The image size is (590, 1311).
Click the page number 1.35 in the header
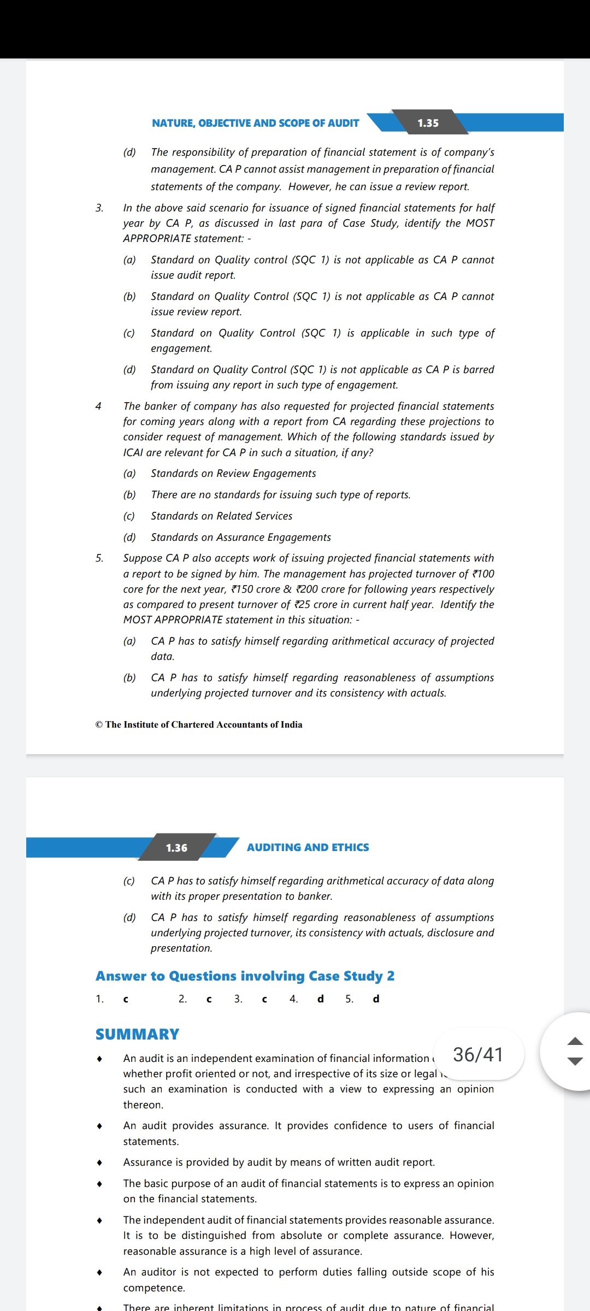[428, 123]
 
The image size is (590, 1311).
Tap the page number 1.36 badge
[176, 848]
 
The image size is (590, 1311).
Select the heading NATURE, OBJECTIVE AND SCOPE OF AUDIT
[255, 123]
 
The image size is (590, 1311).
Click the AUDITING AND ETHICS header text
[308, 847]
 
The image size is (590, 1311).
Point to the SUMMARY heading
[137, 1034]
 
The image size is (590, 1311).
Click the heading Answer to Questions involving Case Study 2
[245, 976]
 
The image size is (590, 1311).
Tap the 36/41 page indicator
[478, 1054]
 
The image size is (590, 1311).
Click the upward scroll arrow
[575, 1041]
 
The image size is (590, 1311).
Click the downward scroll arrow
[575, 1062]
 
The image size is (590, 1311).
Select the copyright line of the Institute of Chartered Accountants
[199, 724]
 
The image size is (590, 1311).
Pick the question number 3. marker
[99, 208]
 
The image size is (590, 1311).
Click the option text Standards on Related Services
[221, 516]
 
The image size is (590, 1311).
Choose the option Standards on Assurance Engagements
[240, 538]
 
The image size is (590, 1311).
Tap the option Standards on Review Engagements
[233, 474]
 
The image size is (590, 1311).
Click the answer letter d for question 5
[376, 999]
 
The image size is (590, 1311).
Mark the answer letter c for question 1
[126, 999]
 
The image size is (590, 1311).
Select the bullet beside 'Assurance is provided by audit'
[99, 1162]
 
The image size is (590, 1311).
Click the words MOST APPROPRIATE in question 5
[173, 620]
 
